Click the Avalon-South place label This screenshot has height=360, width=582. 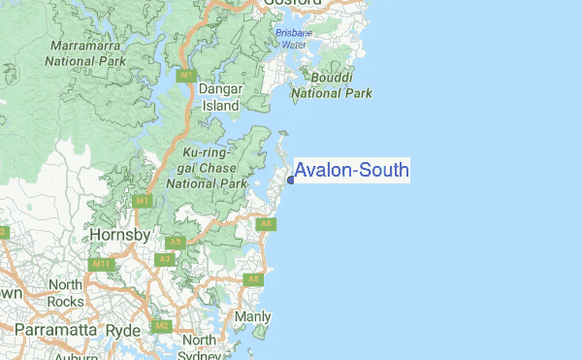pyautogui.click(x=351, y=171)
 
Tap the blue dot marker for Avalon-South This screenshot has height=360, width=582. pyautogui.click(x=291, y=179)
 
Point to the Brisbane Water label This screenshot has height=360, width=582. pyautogui.click(x=292, y=38)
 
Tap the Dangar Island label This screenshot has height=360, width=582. pyautogui.click(x=219, y=97)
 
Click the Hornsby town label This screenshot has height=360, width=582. pyautogui.click(x=118, y=236)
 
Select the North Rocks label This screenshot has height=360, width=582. pyautogui.click(x=66, y=292)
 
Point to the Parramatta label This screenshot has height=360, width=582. pyautogui.click(x=41, y=331)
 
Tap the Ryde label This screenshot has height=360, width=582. pyautogui.click(x=123, y=331)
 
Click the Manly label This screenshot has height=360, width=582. pyautogui.click(x=253, y=317)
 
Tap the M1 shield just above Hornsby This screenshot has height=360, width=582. pyautogui.click(x=142, y=201)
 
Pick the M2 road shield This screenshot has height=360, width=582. pyautogui.click(x=162, y=326)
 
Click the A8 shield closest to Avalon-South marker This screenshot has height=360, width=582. pyautogui.click(x=266, y=224)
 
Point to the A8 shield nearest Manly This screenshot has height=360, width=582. pyautogui.click(x=253, y=279)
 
